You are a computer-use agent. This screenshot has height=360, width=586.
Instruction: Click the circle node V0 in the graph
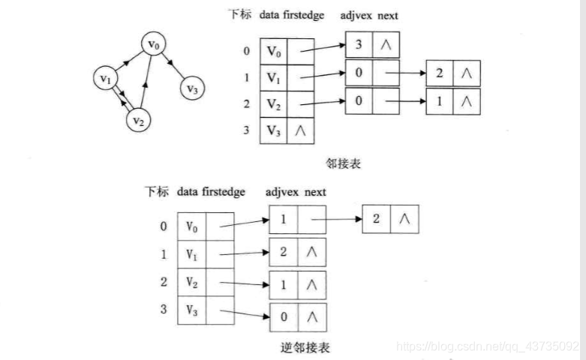pyautogui.click(x=153, y=46)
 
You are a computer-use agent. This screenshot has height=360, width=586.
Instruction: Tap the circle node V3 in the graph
pyautogui.click(x=192, y=88)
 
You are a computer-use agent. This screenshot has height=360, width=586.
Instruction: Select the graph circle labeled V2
pyautogui.click(x=137, y=119)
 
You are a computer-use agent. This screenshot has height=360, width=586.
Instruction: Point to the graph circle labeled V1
pyautogui.click(x=106, y=77)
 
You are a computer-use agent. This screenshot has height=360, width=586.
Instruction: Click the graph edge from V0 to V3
pyautogui.click(x=173, y=67)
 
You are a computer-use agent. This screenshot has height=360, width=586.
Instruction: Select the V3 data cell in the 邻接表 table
pyautogui.click(x=273, y=130)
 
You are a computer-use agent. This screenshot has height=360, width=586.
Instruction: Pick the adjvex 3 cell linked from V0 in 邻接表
pyautogui.click(x=359, y=44)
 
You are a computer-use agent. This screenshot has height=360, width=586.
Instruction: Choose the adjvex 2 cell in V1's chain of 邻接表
pyautogui.click(x=438, y=73)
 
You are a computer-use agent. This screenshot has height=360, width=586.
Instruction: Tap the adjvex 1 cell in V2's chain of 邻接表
pyautogui.click(x=438, y=100)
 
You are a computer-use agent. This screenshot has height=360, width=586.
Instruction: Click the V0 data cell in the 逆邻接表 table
pyautogui.click(x=191, y=226)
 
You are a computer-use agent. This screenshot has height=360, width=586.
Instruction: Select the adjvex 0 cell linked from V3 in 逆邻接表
pyautogui.click(x=284, y=316)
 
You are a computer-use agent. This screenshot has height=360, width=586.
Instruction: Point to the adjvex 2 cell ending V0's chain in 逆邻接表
pyautogui.click(x=377, y=219)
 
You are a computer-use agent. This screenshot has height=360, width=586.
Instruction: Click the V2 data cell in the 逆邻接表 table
pyautogui.click(x=191, y=283)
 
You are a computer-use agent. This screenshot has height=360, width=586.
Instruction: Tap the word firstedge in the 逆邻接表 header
pyautogui.click(x=224, y=192)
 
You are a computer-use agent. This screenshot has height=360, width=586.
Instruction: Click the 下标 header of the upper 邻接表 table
pyautogui.click(x=240, y=15)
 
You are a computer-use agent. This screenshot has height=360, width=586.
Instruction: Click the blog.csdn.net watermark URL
pyautogui.click(x=488, y=346)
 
